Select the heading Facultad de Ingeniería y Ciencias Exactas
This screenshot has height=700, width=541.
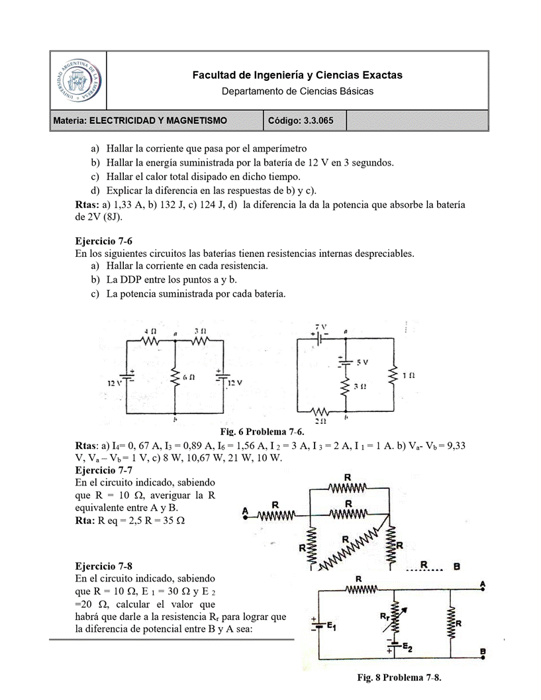[x=297, y=75]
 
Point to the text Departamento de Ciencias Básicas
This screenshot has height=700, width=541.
[x=297, y=91]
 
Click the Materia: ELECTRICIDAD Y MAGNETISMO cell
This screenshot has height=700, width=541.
[x=140, y=121]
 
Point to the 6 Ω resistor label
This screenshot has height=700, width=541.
[x=189, y=377]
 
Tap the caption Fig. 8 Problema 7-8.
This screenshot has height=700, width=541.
[x=399, y=678]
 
